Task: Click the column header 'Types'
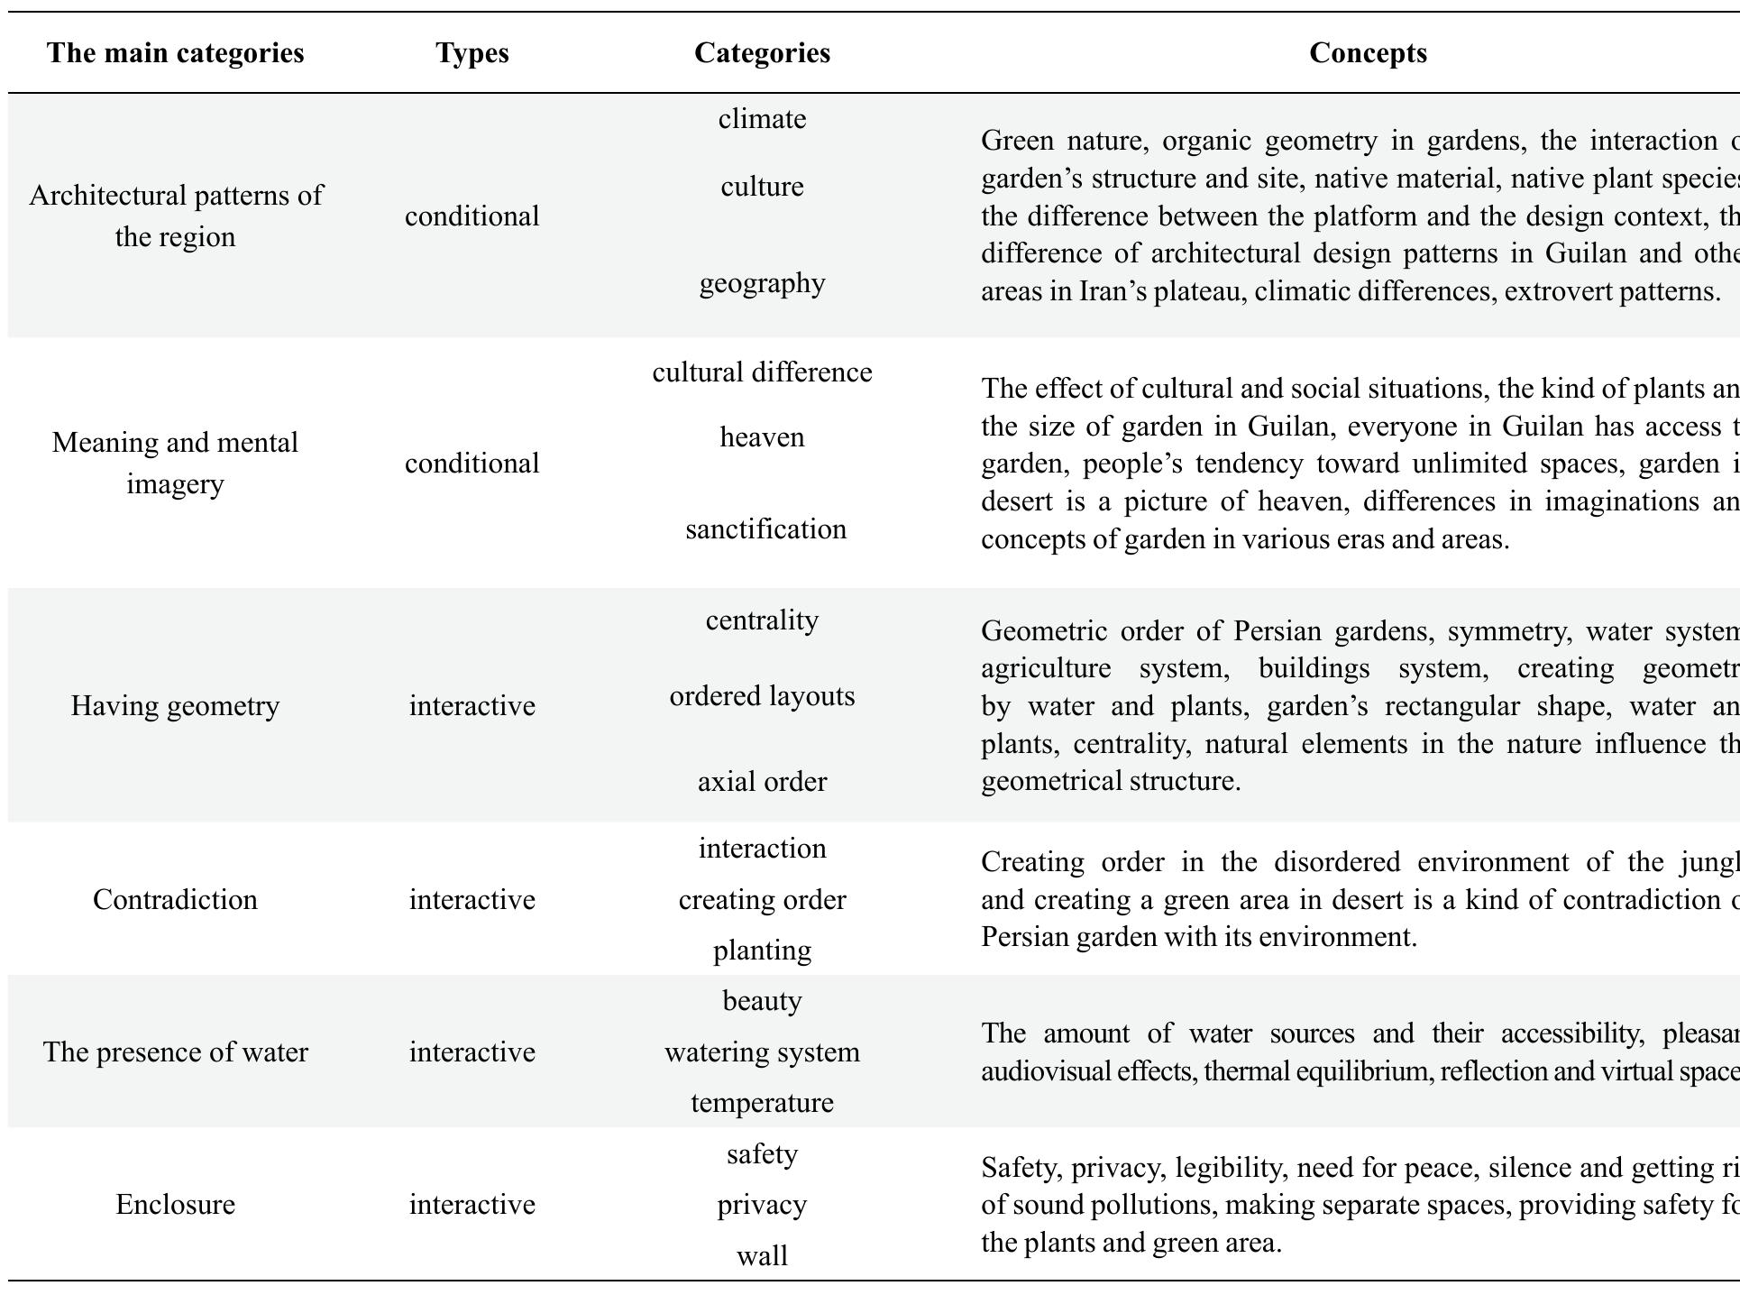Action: (472, 53)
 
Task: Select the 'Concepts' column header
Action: (1367, 53)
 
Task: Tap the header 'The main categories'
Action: (175, 53)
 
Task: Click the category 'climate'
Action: (762, 119)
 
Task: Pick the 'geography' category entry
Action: (762, 283)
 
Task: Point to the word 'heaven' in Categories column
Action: (762, 437)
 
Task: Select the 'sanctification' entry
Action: (765, 529)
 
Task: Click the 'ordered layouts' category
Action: (762, 696)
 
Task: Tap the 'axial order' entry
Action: (762, 782)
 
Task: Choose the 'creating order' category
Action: (762, 900)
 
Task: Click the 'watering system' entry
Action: (762, 1052)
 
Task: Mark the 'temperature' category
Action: (762, 1103)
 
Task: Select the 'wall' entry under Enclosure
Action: (762, 1256)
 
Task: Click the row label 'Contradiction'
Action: (175, 900)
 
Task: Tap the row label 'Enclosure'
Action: (175, 1205)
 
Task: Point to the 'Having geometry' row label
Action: (175, 706)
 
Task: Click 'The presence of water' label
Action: (175, 1052)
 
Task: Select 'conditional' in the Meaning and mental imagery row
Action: (472, 464)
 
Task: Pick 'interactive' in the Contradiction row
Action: (472, 900)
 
